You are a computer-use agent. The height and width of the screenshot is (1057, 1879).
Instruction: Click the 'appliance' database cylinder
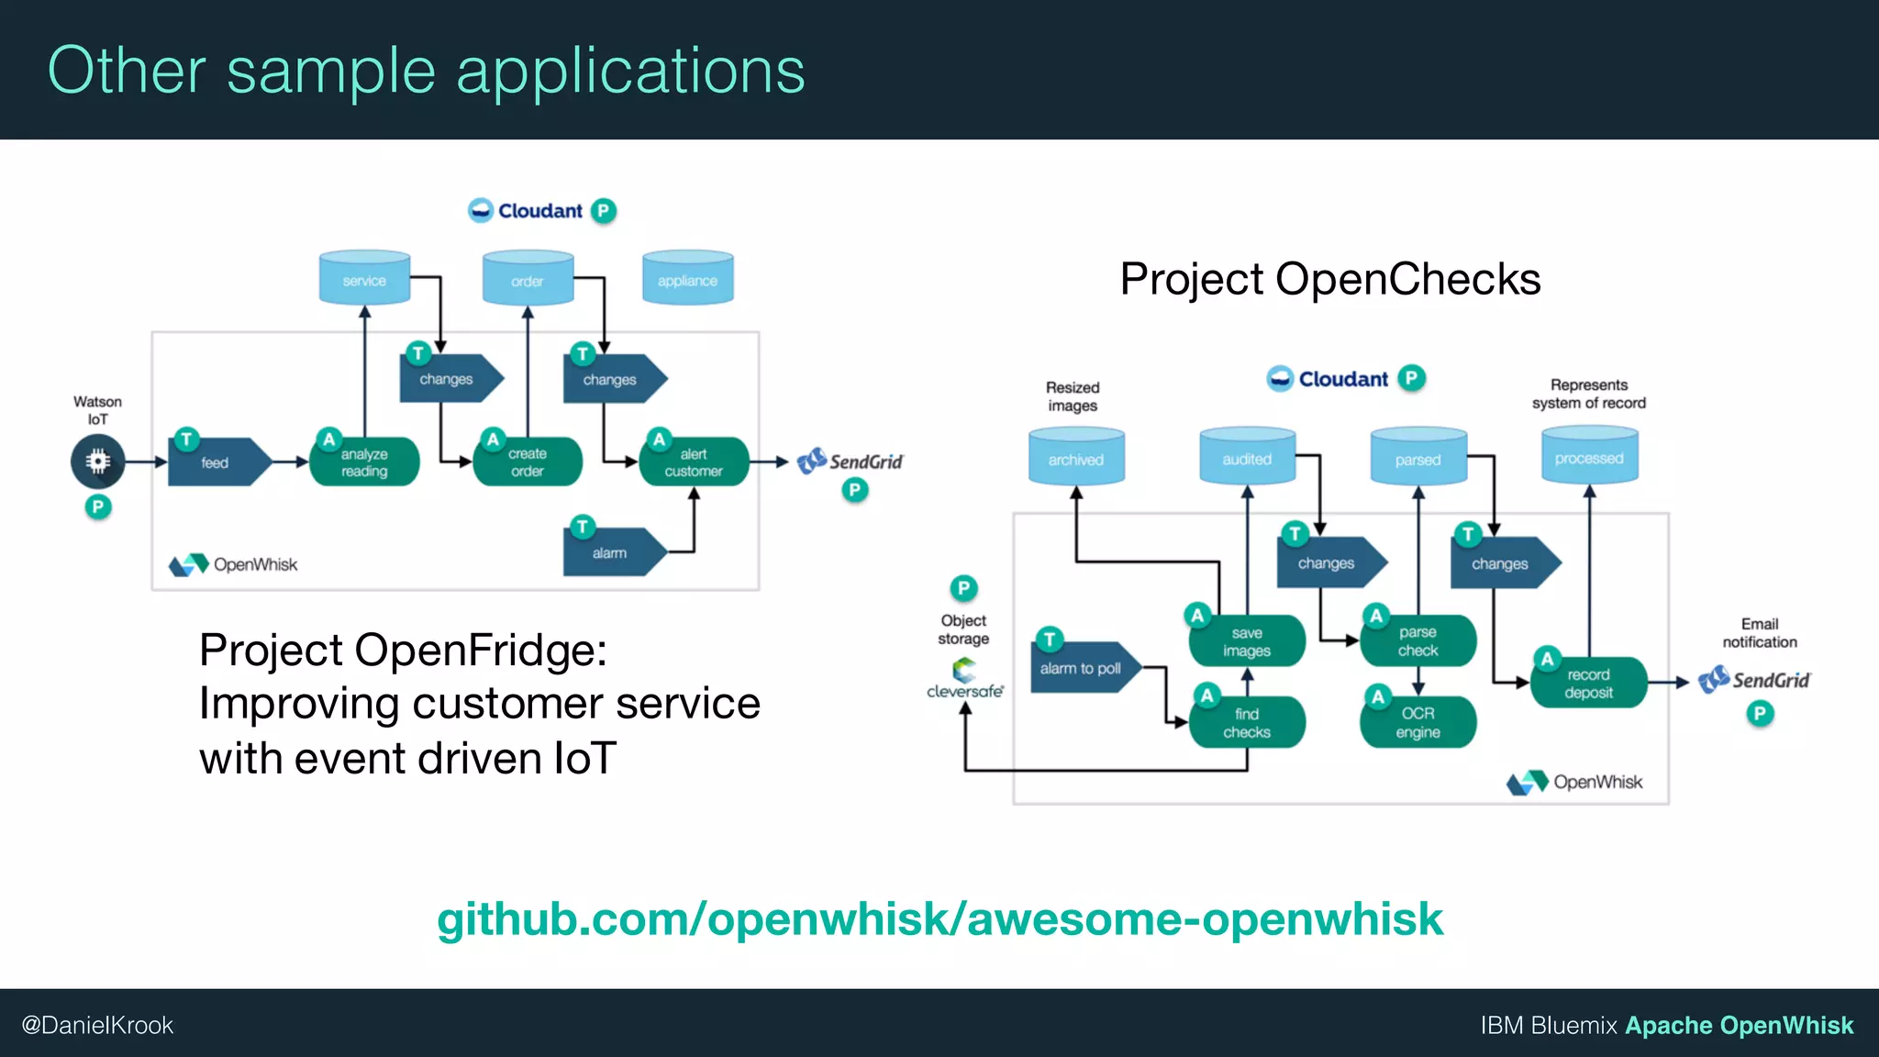click(x=687, y=278)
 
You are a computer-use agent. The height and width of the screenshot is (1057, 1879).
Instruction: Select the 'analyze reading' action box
click(x=364, y=462)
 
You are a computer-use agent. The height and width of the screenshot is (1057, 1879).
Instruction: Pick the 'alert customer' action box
click(x=694, y=462)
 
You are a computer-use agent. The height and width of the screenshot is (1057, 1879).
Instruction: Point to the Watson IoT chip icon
click(x=97, y=461)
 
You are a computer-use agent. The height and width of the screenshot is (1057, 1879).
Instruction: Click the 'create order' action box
click(x=528, y=462)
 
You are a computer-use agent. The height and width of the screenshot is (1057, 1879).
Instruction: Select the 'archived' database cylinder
click(x=1076, y=457)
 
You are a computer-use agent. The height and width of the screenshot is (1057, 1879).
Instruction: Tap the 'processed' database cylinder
click(x=1589, y=456)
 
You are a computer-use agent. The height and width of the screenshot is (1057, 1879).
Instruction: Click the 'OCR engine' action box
click(x=1418, y=722)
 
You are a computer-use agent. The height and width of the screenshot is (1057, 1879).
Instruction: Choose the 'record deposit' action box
click(x=1588, y=684)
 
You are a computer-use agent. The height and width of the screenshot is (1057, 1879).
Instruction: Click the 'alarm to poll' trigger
click(x=1083, y=668)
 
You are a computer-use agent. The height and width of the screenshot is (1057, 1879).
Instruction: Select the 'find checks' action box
click(x=1246, y=722)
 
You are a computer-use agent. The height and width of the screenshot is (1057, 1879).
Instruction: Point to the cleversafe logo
click(x=964, y=680)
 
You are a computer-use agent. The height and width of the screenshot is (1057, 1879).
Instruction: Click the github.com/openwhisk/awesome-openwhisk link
click(x=939, y=919)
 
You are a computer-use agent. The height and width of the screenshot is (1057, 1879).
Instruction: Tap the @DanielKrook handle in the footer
click(x=97, y=1025)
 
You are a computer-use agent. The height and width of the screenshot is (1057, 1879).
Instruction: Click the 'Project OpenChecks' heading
click(x=1329, y=279)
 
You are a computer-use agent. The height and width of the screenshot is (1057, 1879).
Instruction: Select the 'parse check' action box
click(x=1418, y=641)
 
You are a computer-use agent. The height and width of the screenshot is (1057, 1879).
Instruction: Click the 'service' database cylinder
click(x=364, y=278)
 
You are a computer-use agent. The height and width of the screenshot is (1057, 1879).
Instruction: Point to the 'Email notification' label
click(x=1759, y=633)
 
